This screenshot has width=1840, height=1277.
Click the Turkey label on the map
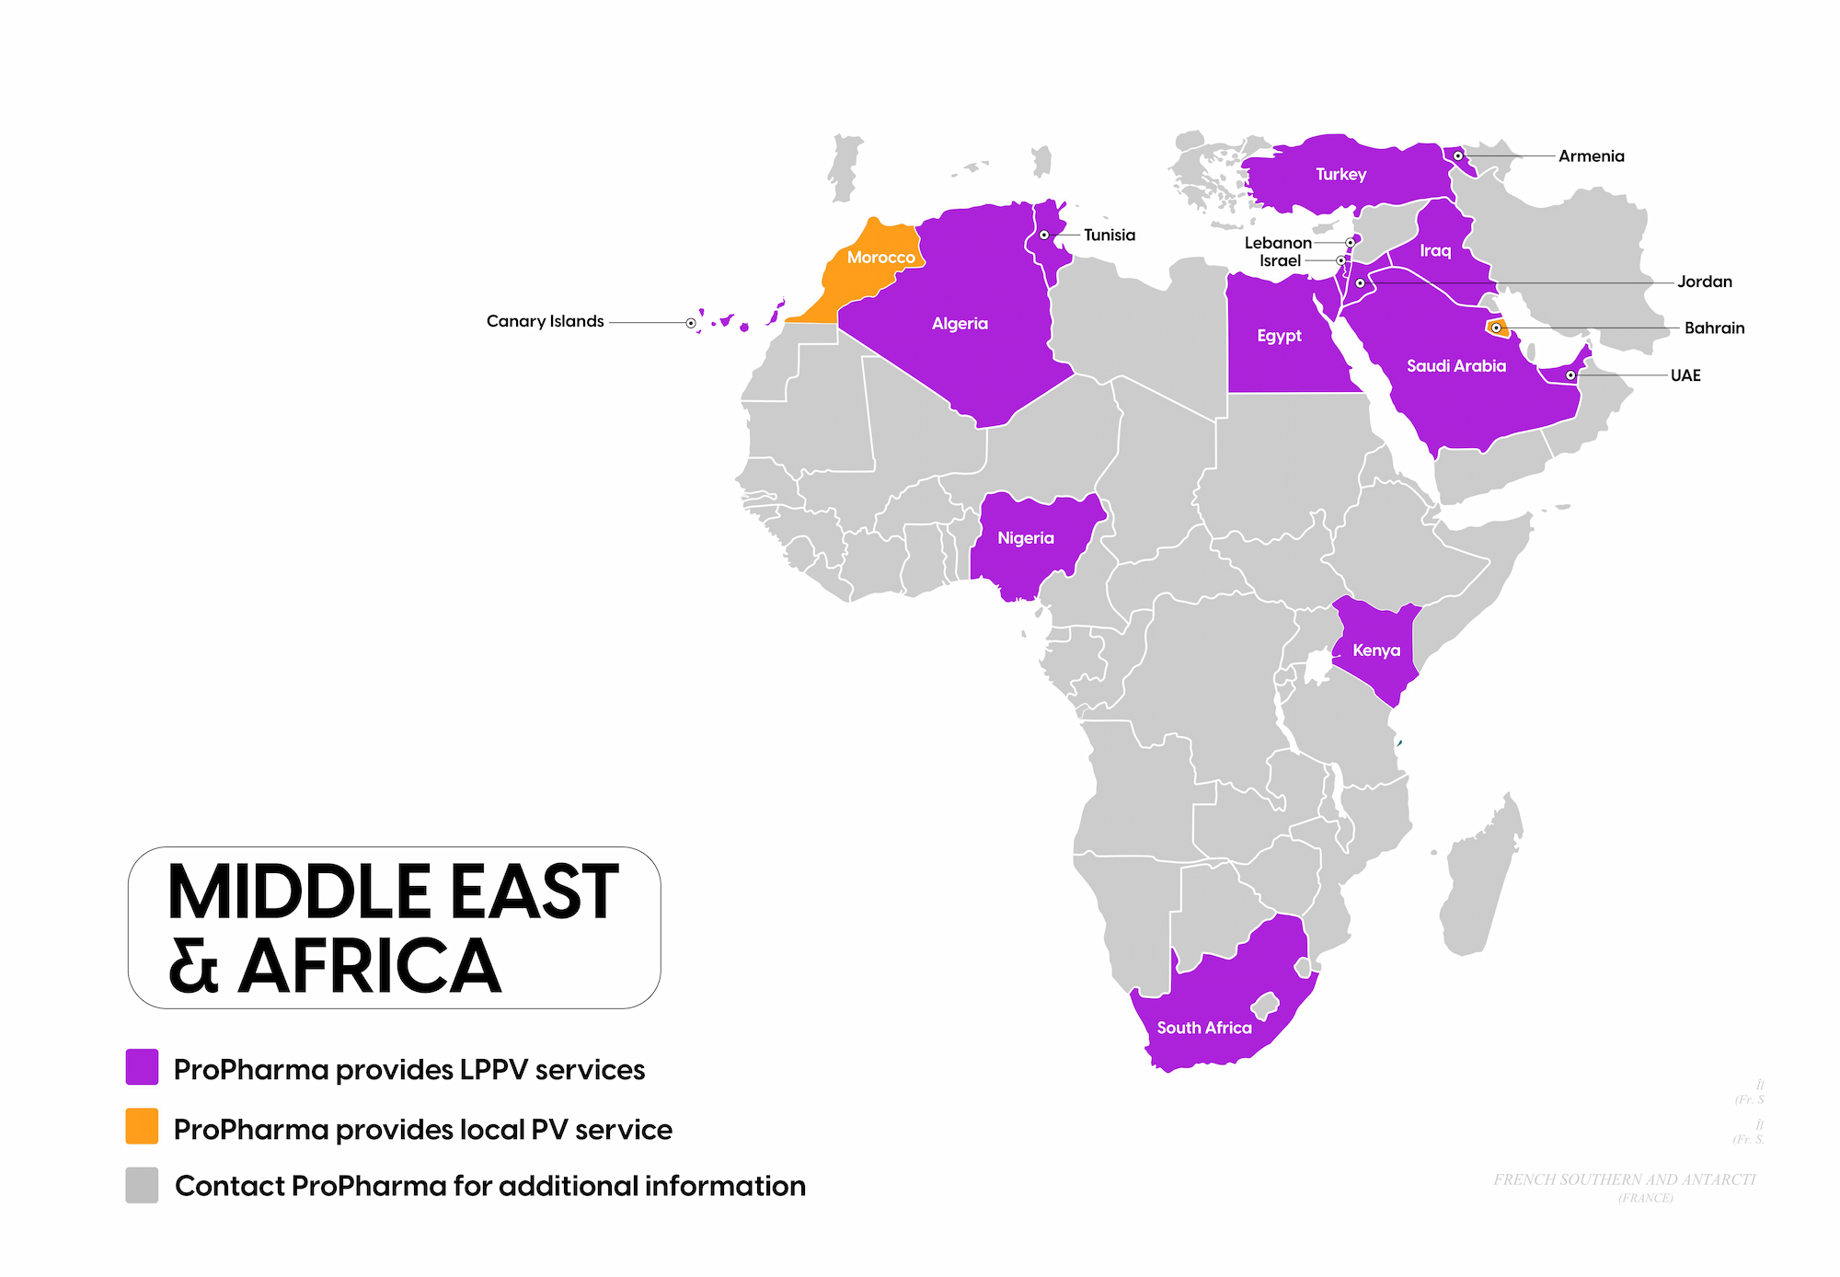click(1340, 174)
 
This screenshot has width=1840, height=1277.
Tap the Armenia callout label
click(1591, 156)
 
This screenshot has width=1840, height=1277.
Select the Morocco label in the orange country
click(880, 258)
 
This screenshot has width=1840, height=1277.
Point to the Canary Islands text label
click(545, 321)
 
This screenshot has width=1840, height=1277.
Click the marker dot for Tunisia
click(1044, 236)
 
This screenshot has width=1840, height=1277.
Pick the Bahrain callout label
click(1713, 328)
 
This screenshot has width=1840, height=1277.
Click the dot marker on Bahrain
click(1496, 328)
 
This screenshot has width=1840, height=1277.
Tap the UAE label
click(1685, 375)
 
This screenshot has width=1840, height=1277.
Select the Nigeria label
click(1025, 538)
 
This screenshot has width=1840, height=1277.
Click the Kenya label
click(1375, 650)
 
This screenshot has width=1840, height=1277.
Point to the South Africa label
click(1203, 1028)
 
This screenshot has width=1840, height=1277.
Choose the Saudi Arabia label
click(1455, 366)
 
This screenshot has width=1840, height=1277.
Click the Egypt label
click(1279, 336)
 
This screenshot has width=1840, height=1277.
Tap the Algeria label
click(959, 324)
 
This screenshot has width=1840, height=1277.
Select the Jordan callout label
click(1704, 282)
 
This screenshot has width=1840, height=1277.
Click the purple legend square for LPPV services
click(142, 1067)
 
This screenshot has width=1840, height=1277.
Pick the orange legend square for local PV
click(142, 1126)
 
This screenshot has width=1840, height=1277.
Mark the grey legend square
click(142, 1185)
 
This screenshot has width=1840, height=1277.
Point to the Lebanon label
click(1277, 243)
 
